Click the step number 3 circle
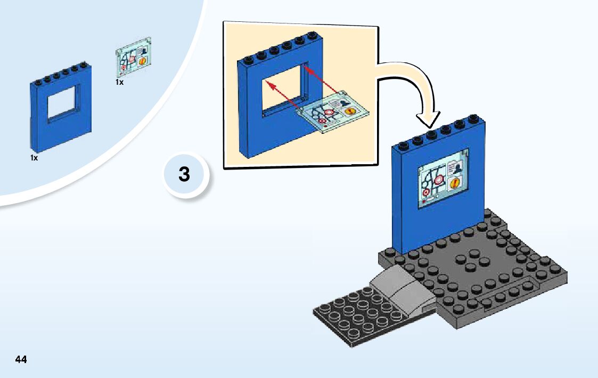pyautogui.click(x=184, y=174)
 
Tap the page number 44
pyautogui.click(x=21, y=359)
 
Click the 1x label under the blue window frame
pyautogui.click(x=34, y=158)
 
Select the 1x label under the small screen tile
pyautogui.click(x=119, y=83)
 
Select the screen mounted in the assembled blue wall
pyautogui.click(x=443, y=179)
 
